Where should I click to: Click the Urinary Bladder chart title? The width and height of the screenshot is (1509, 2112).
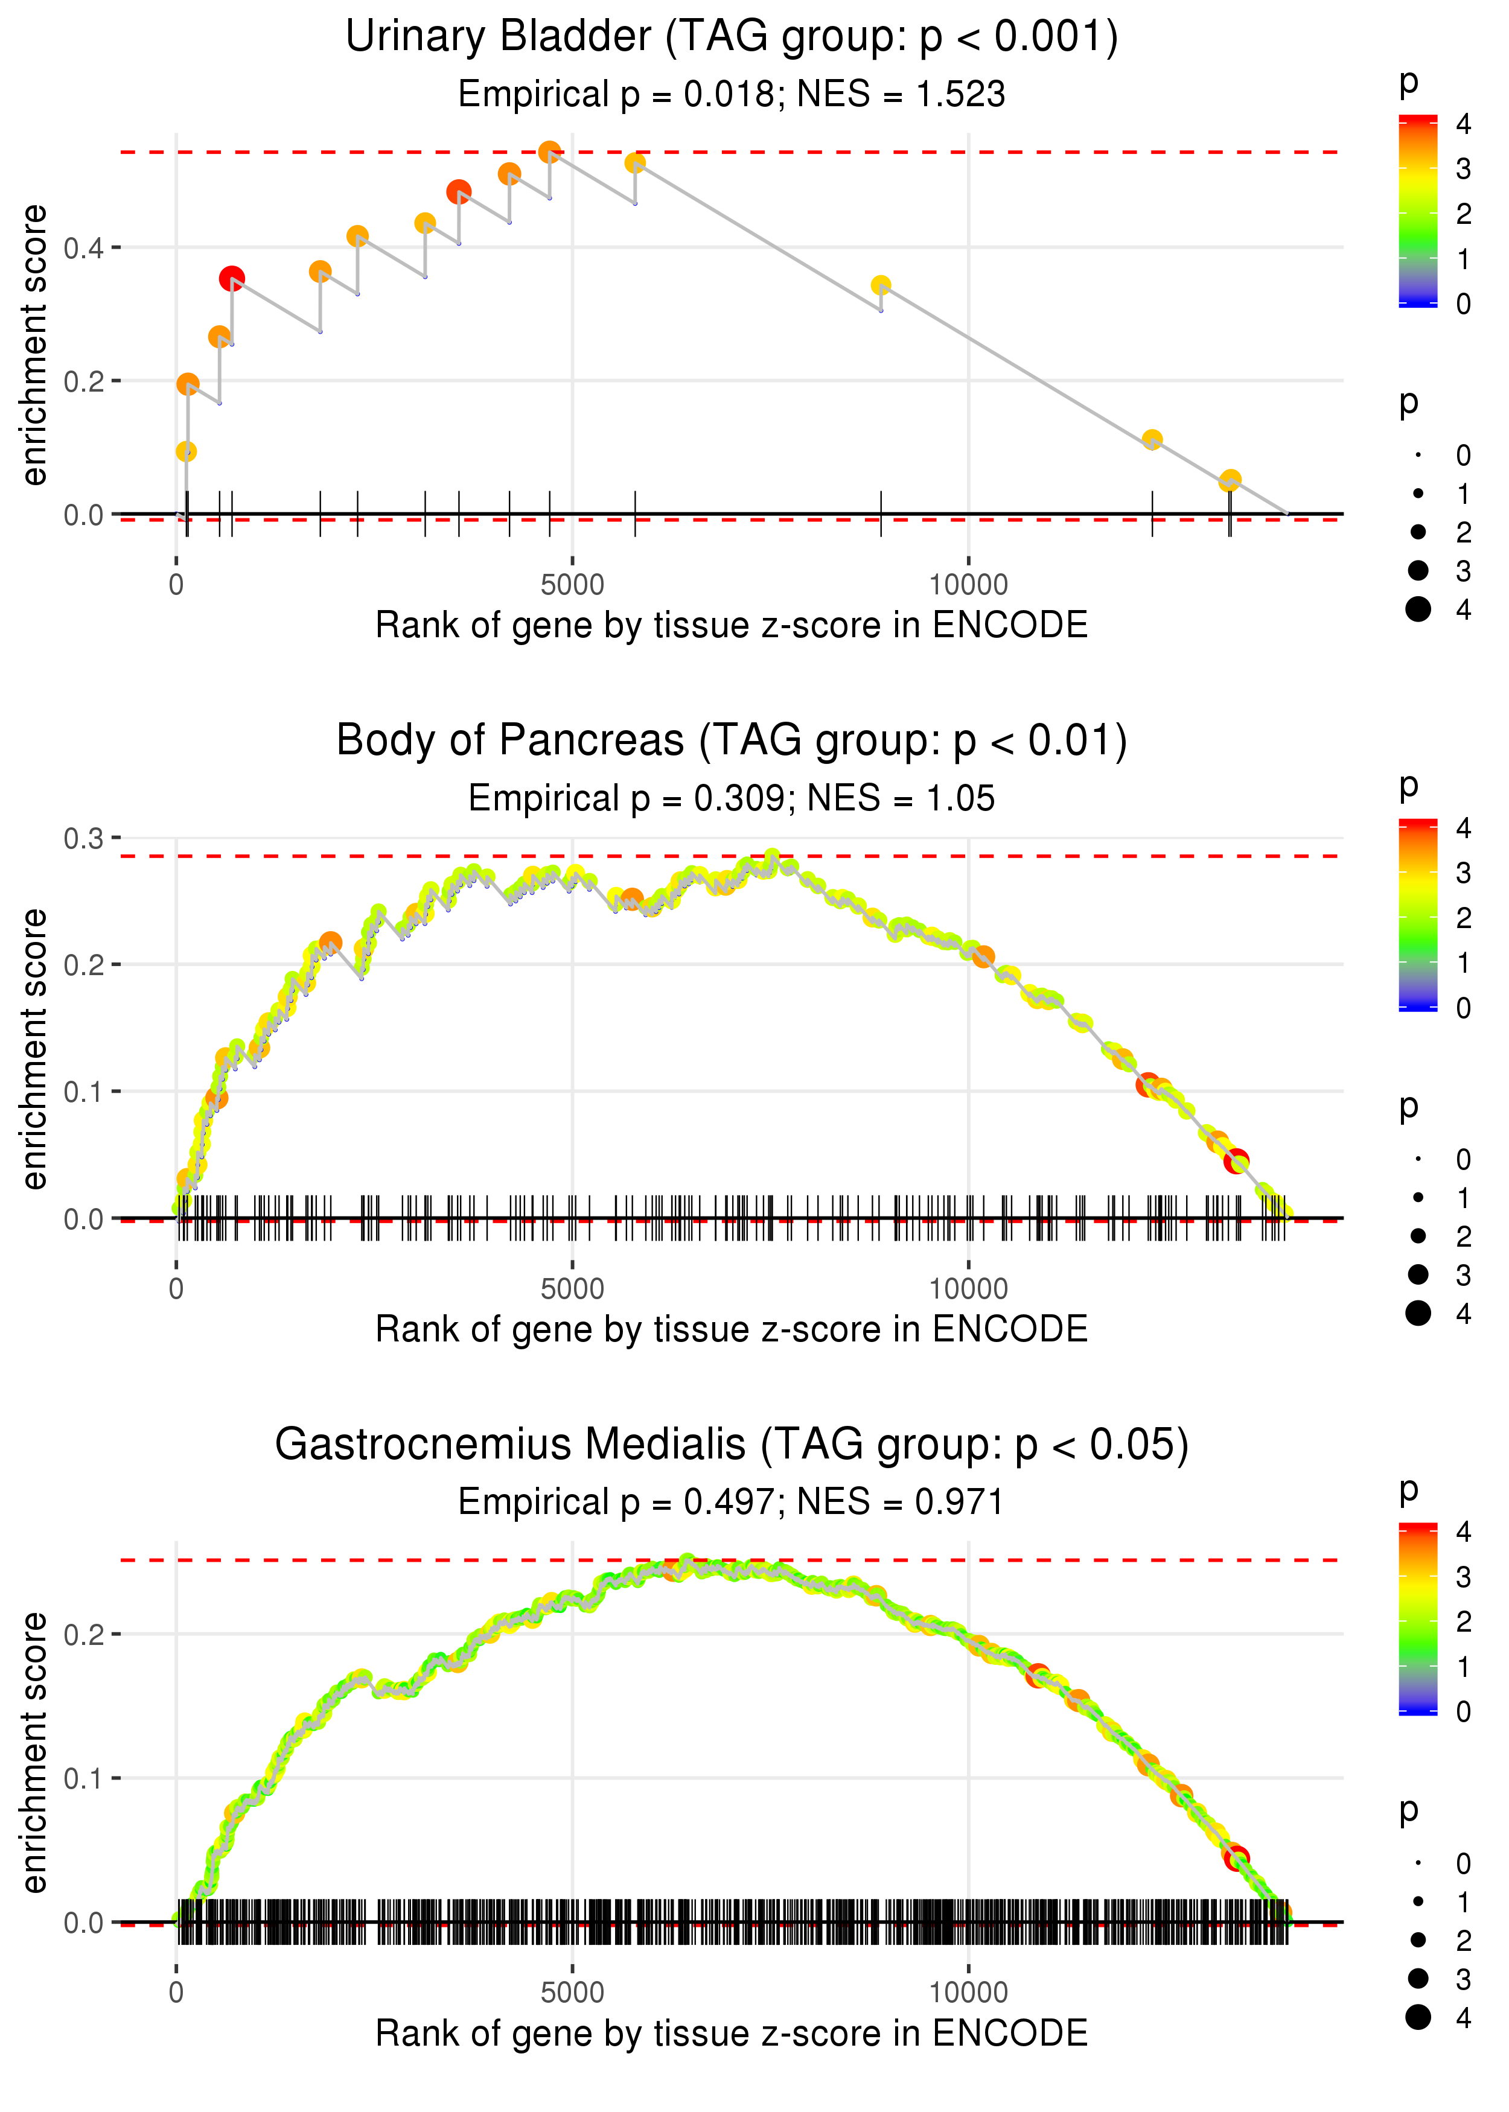pos(732,37)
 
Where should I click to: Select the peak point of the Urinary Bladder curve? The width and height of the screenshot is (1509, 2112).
pos(549,151)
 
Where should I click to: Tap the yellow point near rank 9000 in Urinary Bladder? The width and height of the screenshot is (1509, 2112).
pos(881,285)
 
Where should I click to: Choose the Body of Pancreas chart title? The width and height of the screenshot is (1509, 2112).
pos(732,741)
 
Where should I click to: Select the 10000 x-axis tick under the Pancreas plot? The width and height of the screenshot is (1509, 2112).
pos(968,1288)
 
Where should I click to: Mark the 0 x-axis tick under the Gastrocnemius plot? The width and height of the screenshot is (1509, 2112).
pos(176,1992)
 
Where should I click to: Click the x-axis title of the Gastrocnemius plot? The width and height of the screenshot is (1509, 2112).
pos(732,2033)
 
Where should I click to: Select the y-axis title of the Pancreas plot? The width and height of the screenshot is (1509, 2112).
pos(34,1049)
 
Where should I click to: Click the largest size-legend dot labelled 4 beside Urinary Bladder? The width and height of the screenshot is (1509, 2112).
pos(1418,608)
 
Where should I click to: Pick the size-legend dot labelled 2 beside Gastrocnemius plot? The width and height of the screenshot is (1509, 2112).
pos(1418,1939)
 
